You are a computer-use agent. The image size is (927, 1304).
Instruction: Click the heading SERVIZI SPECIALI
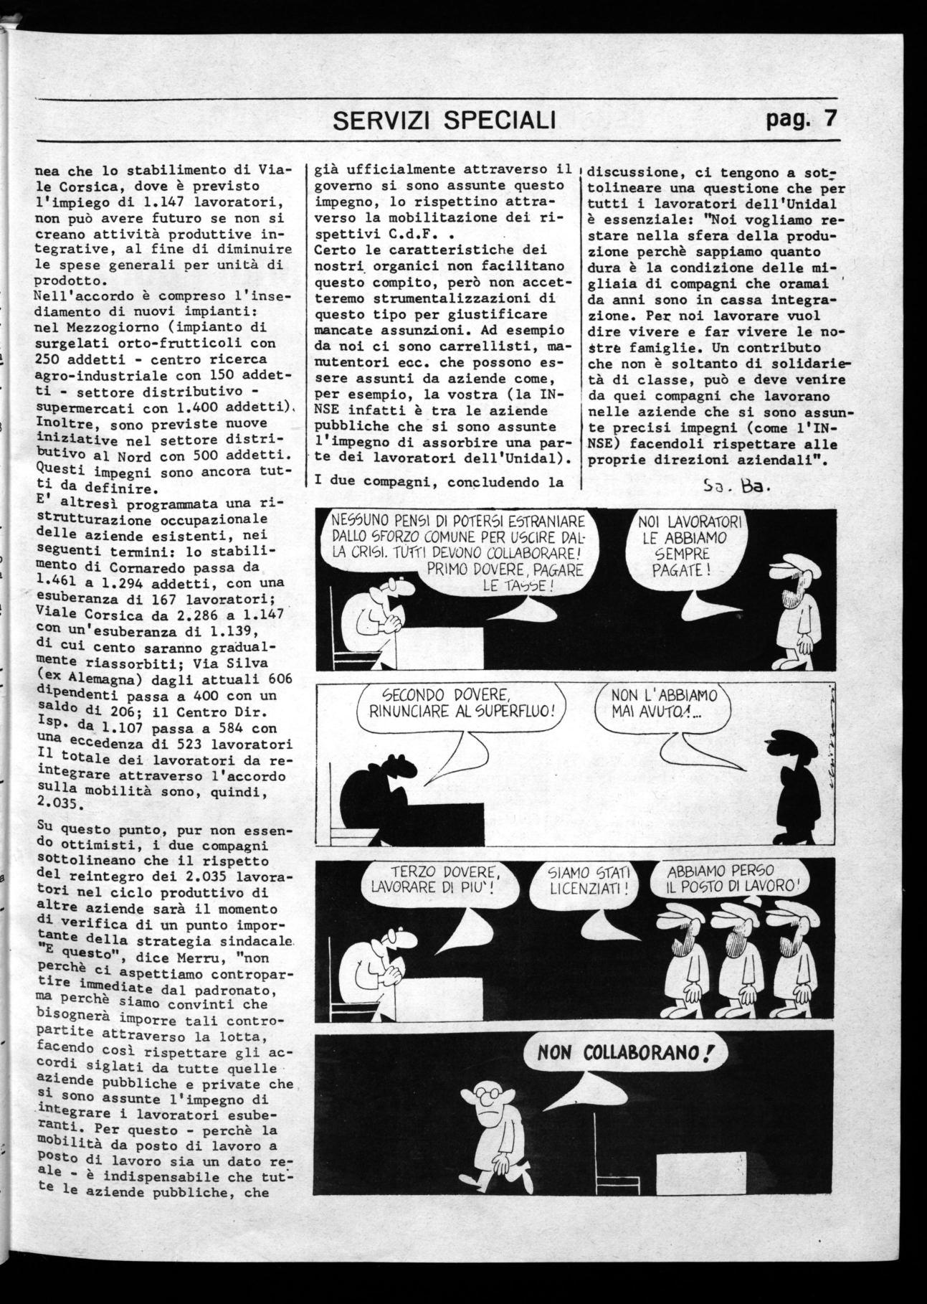click(445, 121)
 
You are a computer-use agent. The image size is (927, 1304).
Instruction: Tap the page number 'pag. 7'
click(800, 118)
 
